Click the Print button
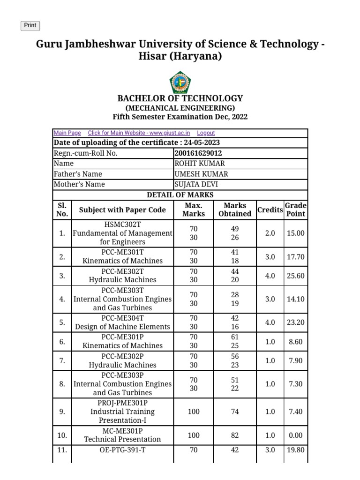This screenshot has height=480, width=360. coord(30,26)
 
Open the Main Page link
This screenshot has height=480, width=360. coord(67,133)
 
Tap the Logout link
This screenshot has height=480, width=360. coord(206,133)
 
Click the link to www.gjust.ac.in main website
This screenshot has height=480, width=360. coord(139,133)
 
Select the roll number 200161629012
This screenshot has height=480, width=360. coord(198,153)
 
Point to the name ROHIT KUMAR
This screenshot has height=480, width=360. coord(200,164)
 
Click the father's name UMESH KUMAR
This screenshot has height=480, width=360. coord(202,174)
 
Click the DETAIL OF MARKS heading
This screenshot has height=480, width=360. coord(180,195)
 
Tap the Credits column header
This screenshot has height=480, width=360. coord(270,210)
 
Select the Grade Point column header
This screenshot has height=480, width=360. coord(296,210)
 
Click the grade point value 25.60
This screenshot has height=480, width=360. coord(296,276)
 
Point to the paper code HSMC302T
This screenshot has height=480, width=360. coord(122,225)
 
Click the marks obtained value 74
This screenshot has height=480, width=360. coord(235,412)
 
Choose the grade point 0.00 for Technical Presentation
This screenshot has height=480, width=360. coord(296,435)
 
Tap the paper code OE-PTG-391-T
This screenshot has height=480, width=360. coord(122,450)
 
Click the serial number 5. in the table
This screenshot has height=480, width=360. coord(62,322)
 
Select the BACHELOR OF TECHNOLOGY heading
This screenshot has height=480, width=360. coord(180,98)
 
